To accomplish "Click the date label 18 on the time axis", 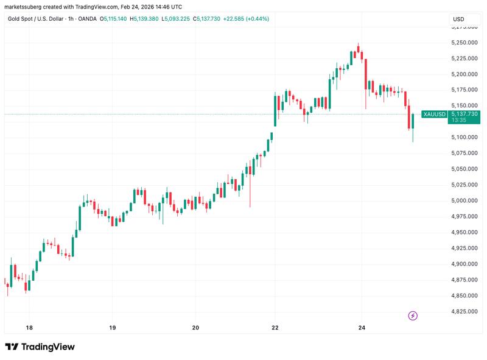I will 29,328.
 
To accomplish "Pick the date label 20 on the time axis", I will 195,328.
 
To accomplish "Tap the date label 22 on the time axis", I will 275,328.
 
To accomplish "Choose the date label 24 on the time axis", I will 362,328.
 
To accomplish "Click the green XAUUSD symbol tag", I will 434,114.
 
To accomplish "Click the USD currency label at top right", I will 458,19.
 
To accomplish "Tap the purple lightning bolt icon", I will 413,316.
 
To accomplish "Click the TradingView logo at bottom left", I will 40,347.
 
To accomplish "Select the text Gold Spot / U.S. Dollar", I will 37,19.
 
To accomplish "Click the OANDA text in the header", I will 98,19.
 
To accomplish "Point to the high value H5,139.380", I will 144,19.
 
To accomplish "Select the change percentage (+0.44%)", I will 256,19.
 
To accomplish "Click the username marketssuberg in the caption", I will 24,7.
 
